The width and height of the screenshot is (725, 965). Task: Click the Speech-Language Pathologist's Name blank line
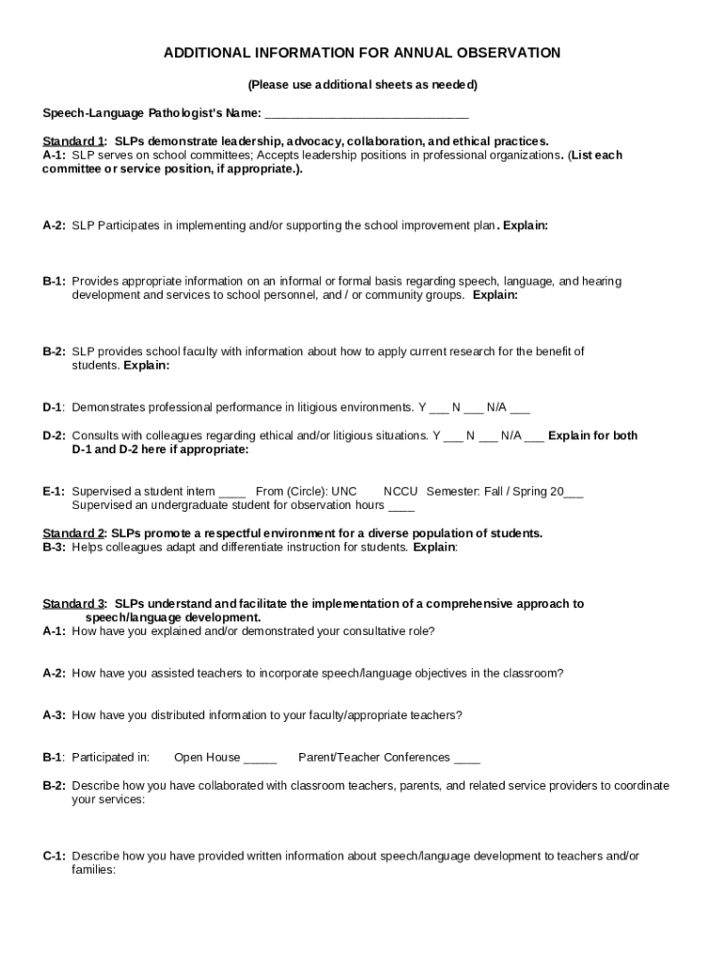click(366, 114)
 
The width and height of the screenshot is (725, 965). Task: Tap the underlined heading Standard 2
click(73, 533)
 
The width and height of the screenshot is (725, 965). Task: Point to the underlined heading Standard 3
click(73, 603)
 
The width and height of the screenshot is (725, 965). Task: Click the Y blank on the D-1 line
click(439, 408)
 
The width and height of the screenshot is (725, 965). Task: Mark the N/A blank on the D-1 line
click(520, 408)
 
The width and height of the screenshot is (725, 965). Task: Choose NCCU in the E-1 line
click(400, 491)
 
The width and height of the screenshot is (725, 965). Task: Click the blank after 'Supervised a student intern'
click(232, 492)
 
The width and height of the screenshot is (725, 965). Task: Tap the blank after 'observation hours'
click(401, 505)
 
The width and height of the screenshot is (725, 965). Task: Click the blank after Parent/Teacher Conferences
click(467, 758)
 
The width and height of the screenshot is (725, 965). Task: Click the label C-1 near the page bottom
click(54, 856)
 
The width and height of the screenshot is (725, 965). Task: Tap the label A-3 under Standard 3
click(54, 715)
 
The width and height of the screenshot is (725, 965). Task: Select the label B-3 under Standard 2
click(54, 548)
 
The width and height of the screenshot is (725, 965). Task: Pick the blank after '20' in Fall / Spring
click(574, 492)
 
